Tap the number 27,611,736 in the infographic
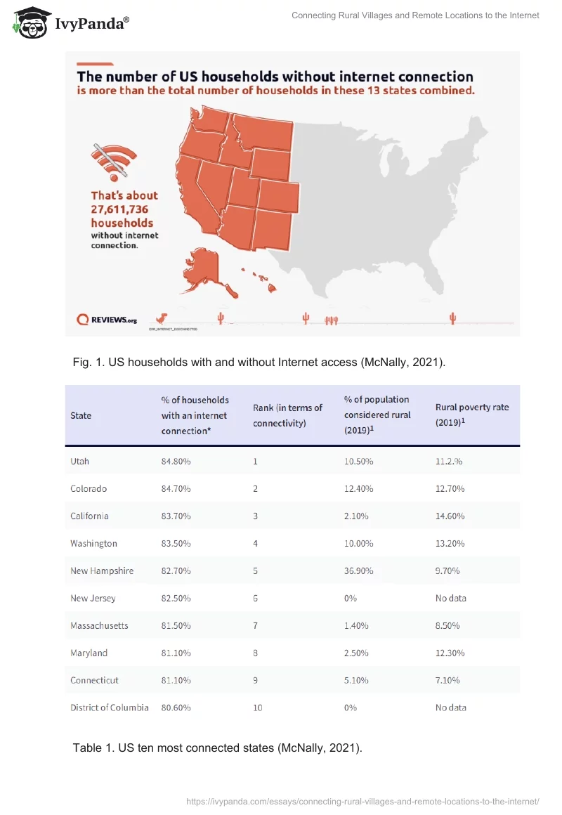click(x=120, y=209)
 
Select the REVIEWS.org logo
click(x=107, y=319)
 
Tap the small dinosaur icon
click(x=163, y=318)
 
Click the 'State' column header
click(x=81, y=415)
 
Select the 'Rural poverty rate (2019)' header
click(x=472, y=415)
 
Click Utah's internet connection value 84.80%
click(x=176, y=462)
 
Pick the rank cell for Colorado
click(x=256, y=488)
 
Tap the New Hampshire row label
click(x=102, y=570)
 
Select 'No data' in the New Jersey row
click(x=451, y=598)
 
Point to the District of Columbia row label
click(x=110, y=708)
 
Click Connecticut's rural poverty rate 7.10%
click(x=447, y=680)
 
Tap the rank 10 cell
click(x=258, y=708)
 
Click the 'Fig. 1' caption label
click(x=88, y=362)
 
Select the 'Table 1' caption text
click(x=217, y=748)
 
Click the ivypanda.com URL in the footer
click(x=362, y=801)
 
